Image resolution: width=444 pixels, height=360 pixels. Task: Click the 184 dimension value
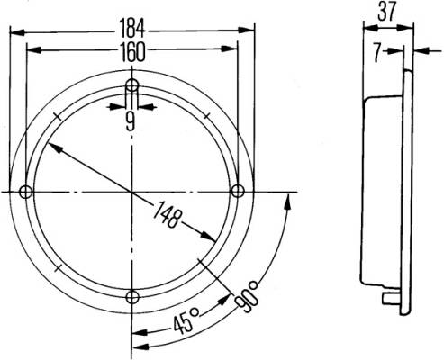[x=132, y=28]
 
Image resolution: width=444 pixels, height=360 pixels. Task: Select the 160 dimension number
[x=132, y=52]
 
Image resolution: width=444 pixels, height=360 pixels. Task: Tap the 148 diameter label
[x=168, y=214]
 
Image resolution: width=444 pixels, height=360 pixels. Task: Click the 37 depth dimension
[x=387, y=12]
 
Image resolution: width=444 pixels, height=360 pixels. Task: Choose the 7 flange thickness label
[x=377, y=52]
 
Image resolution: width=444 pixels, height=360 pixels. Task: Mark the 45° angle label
[x=186, y=321]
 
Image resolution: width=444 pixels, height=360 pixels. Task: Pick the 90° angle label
[x=247, y=296]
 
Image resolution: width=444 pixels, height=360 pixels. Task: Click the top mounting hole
[x=131, y=85]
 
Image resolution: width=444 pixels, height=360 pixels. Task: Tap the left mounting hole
[x=26, y=192]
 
